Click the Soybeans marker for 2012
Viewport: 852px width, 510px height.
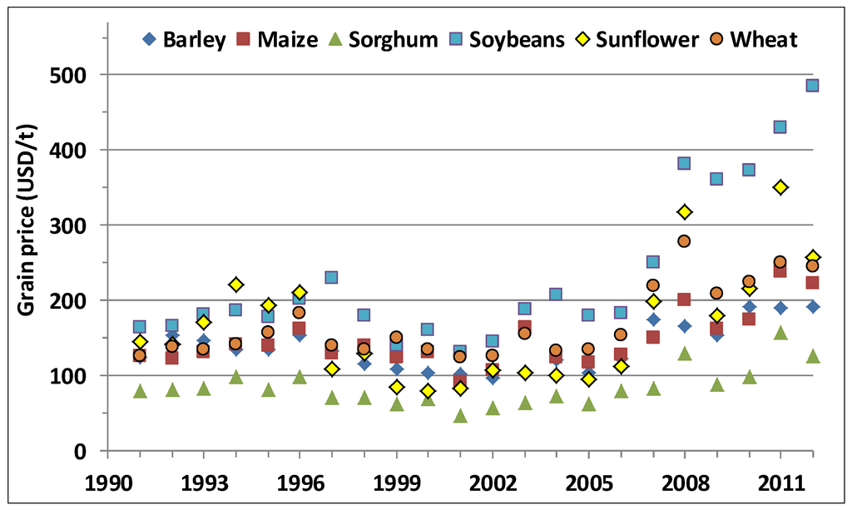click(812, 85)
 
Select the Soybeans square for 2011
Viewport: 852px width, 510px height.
click(780, 126)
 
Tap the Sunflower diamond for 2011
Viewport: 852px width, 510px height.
click(780, 187)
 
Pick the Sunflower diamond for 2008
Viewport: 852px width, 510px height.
click(685, 212)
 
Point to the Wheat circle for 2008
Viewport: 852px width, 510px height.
click(685, 241)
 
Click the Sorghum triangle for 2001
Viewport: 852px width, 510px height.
click(460, 416)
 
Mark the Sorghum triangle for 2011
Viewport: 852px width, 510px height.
click(780, 333)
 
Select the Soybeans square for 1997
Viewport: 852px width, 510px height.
click(331, 277)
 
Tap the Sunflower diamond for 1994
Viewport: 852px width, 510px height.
click(235, 285)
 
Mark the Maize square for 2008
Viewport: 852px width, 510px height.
click(685, 300)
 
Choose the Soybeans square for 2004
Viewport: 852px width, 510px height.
click(556, 295)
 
